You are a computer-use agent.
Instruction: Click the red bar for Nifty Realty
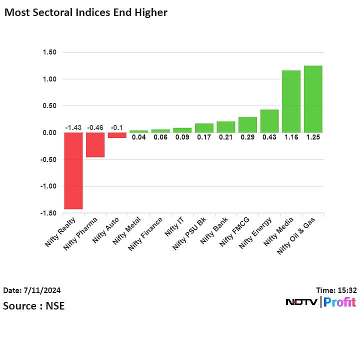[73, 170]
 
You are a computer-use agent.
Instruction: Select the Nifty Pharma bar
[95, 144]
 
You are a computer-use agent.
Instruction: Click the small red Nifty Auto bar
[117, 135]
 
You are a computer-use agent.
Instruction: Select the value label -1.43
[73, 127]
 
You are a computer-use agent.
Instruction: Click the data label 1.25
[313, 137]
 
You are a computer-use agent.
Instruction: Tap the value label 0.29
[247, 137]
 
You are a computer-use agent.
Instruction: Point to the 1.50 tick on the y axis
[49, 52]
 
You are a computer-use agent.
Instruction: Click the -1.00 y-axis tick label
[48, 186]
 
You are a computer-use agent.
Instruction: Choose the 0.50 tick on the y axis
[49, 105]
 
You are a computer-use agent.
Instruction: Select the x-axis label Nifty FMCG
[234, 233]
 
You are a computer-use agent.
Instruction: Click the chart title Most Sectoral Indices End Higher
[85, 12]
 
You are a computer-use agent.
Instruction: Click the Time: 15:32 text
[336, 290]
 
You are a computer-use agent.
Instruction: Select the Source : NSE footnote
[33, 305]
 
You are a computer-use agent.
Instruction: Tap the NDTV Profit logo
[320, 302]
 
